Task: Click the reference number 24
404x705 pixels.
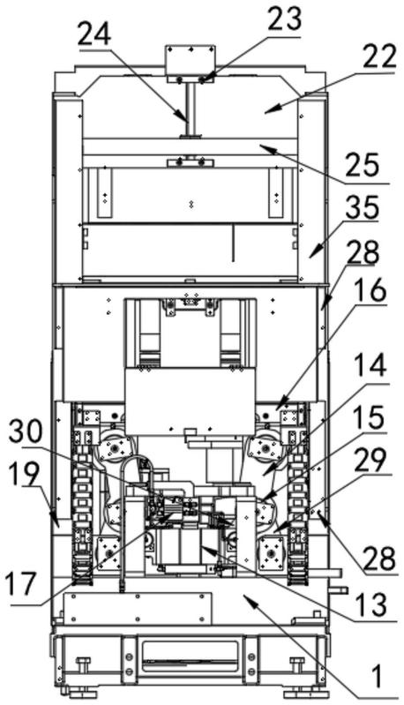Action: pos(94,35)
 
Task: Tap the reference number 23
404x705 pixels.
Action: pos(284,19)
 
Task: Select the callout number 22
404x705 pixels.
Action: pos(379,56)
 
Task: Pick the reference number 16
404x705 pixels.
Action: pos(370,291)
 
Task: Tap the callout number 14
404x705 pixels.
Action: pos(370,365)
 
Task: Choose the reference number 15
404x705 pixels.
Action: pos(369,416)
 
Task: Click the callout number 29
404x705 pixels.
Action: pos(370,460)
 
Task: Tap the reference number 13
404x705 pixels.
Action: pos(370,604)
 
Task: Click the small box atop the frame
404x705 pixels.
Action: pos(191,64)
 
